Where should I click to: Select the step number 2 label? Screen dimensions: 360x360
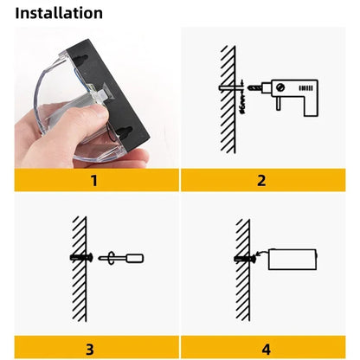tap(260, 181)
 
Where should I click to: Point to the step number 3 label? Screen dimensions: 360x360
tap(89, 349)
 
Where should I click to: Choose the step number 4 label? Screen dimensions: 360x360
tap(266, 349)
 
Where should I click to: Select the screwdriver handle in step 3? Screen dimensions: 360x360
tap(135, 257)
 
